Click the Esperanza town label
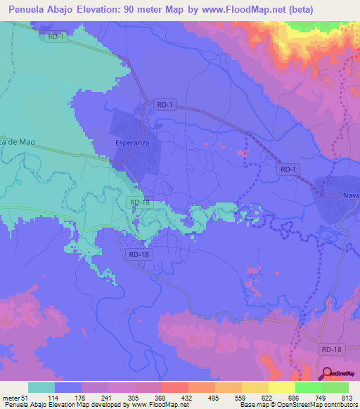(129, 143)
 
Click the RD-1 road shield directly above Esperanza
(165, 105)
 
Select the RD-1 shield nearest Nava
(288, 169)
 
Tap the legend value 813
(347, 397)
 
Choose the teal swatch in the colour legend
(41, 387)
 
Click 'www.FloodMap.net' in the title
(237, 9)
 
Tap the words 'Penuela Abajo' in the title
(43, 9)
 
